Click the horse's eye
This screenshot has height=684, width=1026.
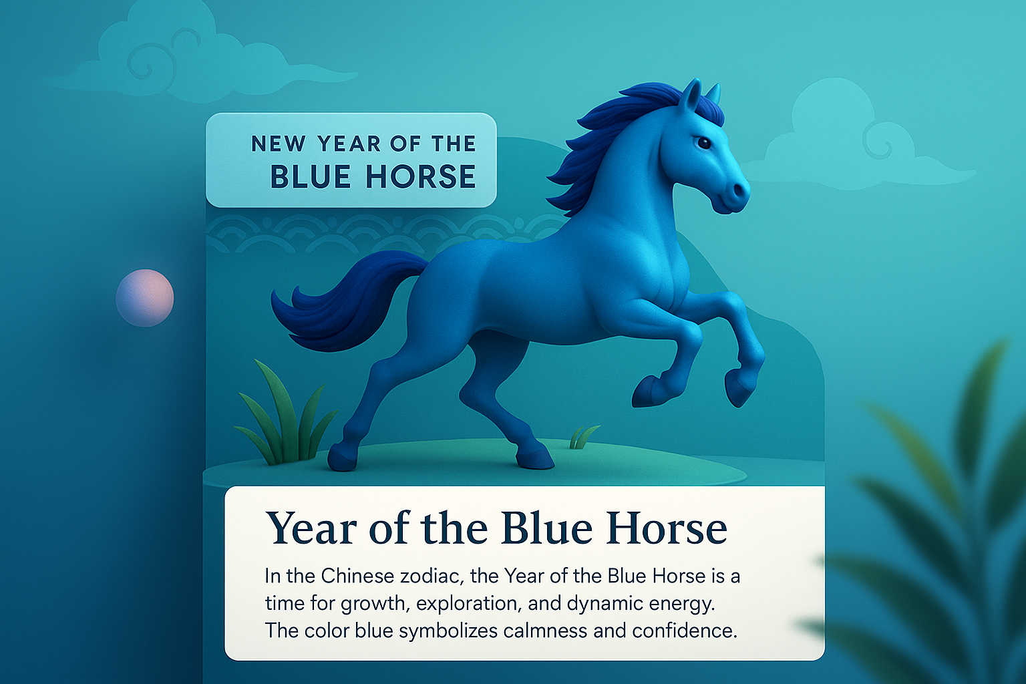[703, 142]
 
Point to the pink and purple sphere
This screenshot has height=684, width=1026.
[145, 298]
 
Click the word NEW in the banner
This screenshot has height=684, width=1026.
[279, 144]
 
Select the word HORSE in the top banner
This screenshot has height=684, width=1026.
[420, 176]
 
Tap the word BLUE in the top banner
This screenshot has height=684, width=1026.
[311, 176]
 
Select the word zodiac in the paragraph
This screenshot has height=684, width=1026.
[432, 576]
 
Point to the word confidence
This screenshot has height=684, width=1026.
[685, 631]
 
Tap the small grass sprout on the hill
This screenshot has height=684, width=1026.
[582, 438]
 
